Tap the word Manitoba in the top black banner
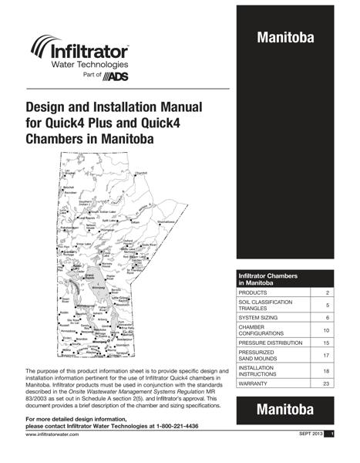pyautogui.click(x=284, y=38)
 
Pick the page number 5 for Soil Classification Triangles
pyautogui.click(x=327, y=306)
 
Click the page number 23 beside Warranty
pyautogui.click(x=326, y=384)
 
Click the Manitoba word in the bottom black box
pyautogui.click(x=284, y=411)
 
